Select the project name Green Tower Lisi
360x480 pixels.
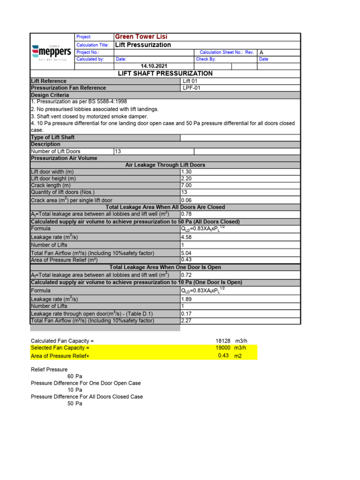[x=141, y=37]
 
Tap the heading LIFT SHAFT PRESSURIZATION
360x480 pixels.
[x=165, y=74]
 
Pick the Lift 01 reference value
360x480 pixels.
[x=190, y=81]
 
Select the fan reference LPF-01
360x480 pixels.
[x=190, y=88]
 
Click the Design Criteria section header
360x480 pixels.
[x=50, y=95]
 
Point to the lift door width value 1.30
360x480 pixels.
[x=186, y=172]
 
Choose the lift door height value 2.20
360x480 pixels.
[x=186, y=179]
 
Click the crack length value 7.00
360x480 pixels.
[x=186, y=186]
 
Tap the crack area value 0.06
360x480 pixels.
[x=186, y=200]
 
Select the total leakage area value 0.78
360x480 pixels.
[x=186, y=214]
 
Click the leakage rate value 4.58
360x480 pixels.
[x=186, y=238]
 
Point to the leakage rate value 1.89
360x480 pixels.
[x=186, y=299]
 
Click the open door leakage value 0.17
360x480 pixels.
[x=186, y=314]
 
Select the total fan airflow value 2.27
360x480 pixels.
[x=186, y=321]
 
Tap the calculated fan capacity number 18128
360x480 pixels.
[x=223, y=341]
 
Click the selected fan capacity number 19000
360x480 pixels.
[x=223, y=348]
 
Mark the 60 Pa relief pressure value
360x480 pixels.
[x=75, y=376]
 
